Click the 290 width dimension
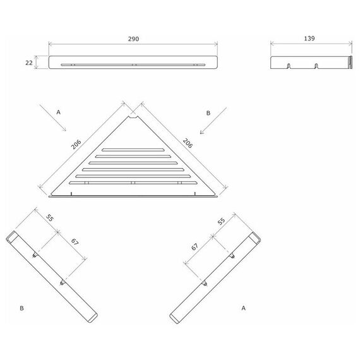(x=133, y=39)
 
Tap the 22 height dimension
(x=29, y=63)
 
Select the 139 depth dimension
(x=309, y=39)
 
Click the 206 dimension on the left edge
(x=76, y=144)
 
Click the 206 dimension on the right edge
(x=188, y=143)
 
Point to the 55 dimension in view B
(x=50, y=218)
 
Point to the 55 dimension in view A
(x=221, y=221)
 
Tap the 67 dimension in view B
(x=75, y=241)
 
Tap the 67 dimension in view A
(x=195, y=247)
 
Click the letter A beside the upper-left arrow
(x=58, y=112)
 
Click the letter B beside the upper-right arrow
(x=208, y=113)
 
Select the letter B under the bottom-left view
(x=22, y=308)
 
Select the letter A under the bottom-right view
(x=243, y=308)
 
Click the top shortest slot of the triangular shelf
(x=133, y=150)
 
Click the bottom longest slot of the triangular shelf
(x=133, y=183)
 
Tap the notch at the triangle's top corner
(x=133, y=117)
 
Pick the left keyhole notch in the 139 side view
(x=289, y=66)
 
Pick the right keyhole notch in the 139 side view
(x=316, y=66)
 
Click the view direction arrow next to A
(x=53, y=117)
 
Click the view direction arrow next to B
(x=213, y=121)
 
